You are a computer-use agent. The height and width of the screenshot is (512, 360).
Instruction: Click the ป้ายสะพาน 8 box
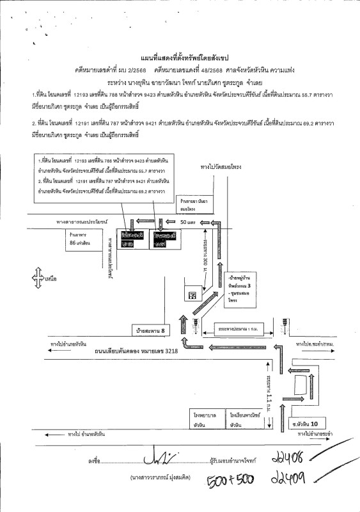pyautogui.click(x=150, y=331)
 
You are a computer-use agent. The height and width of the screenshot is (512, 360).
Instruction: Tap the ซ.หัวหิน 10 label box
pyautogui.click(x=317, y=423)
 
